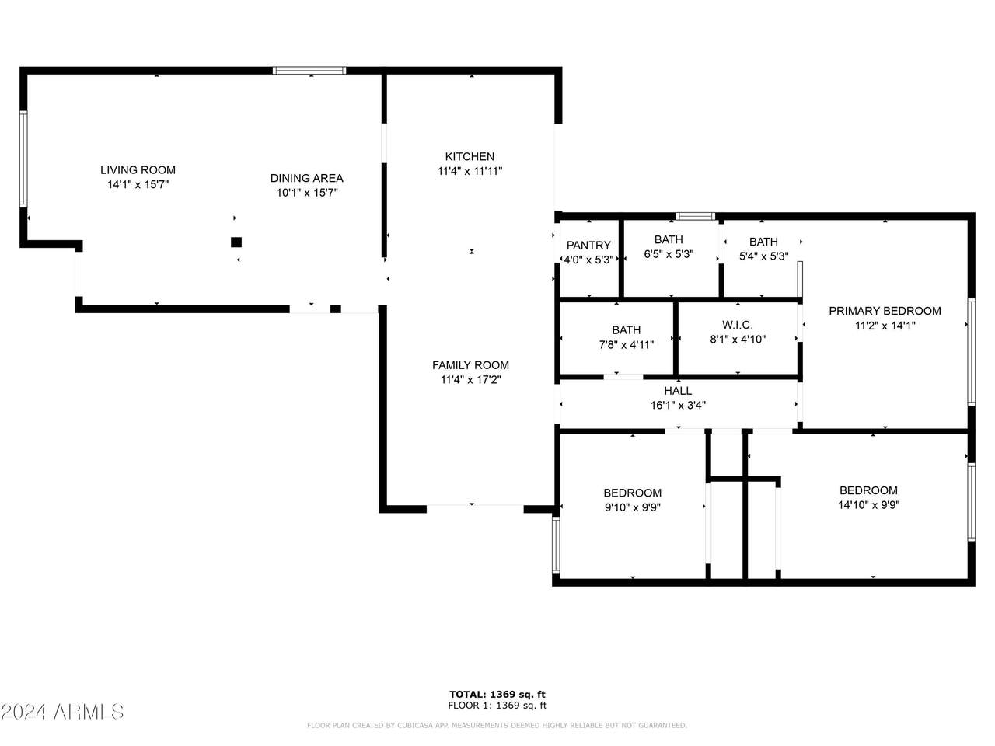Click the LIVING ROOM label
138,170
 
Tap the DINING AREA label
307,178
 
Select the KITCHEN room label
470,157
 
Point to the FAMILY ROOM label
470,365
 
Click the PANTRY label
589,245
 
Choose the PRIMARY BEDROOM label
885,311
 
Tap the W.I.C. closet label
738,325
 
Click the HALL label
678,390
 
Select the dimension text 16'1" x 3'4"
678,405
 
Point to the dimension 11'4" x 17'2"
471,379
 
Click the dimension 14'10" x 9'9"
868,504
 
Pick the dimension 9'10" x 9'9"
632,507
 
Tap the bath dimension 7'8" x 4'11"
627,345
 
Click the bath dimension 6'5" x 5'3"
669,253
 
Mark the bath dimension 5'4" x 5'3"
764,256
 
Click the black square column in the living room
236,242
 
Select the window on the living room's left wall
23,159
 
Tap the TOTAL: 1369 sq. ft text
497,695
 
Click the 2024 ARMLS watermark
62,712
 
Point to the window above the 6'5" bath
696,216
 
